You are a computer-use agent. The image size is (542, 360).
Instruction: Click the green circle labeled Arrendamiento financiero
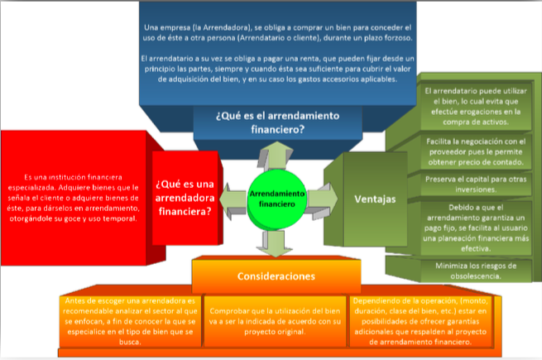click(277, 197)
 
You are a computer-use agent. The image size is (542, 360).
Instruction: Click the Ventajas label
click(374, 199)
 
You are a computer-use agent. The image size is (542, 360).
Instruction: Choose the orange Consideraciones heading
click(276, 275)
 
